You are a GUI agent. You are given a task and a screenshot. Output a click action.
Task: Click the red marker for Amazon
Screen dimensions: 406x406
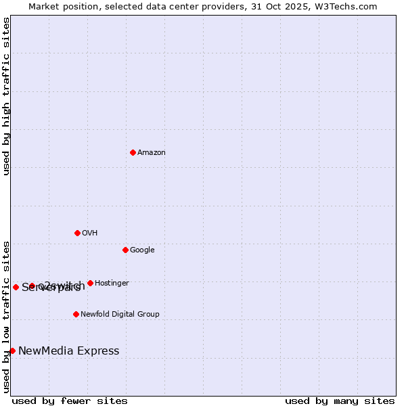tap(133, 152)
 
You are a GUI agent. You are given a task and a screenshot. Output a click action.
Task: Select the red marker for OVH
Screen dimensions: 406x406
tap(77, 233)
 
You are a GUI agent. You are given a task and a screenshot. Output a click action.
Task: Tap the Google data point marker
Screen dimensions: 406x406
tap(125, 250)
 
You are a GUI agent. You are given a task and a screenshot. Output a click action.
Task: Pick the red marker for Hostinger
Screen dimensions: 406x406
tap(90, 283)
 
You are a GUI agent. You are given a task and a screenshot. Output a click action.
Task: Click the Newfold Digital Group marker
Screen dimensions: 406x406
tap(76, 314)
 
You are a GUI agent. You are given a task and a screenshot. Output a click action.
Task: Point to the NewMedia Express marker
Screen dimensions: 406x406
tap(12, 351)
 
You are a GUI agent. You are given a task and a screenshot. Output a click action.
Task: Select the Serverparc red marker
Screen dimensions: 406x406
tap(16, 287)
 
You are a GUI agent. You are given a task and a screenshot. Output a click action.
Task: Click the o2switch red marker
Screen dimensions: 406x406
tap(32, 286)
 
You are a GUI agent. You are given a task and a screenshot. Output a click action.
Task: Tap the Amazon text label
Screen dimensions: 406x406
tap(152, 152)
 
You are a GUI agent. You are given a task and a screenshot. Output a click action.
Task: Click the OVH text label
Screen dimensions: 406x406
tap(90, 233)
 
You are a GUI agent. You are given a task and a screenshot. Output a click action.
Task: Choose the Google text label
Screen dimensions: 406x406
tap(142, 250)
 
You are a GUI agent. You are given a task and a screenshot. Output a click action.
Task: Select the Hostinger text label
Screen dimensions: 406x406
tap(112, 283)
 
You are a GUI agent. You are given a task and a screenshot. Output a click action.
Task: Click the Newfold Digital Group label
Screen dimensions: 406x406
tap(120, 314)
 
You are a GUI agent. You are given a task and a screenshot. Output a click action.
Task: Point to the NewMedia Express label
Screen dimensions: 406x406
tap(68, 351)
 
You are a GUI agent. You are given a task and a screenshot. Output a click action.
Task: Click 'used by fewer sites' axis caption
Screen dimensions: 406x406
tap(70, 401)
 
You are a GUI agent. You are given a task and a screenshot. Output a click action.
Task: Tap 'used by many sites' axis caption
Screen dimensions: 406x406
tap(340, 401)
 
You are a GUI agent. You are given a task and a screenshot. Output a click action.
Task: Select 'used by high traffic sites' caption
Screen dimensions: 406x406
tap(6, 96)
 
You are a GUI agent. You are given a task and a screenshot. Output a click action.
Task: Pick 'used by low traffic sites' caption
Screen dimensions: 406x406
tap(6, 317)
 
